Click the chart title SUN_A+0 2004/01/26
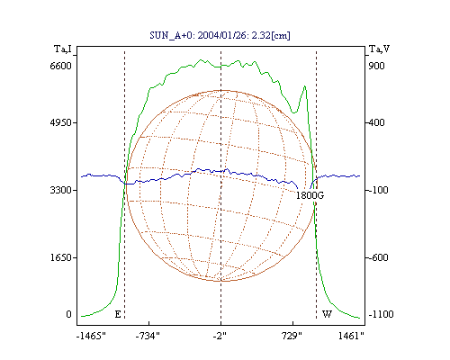220,35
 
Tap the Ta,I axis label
63,49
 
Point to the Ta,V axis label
379,49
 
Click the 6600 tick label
60,66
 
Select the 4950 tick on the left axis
60,122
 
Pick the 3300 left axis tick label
60,190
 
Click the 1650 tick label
60,257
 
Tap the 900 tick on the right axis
376,66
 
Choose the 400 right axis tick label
376,122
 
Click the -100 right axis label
378,190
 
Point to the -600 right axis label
378,257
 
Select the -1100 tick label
381,314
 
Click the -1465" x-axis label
91,336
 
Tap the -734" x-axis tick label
148,336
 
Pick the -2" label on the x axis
220,336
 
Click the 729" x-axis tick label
292,336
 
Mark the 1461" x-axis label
351,336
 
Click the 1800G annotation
310,195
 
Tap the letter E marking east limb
118,314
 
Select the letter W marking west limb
327,314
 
